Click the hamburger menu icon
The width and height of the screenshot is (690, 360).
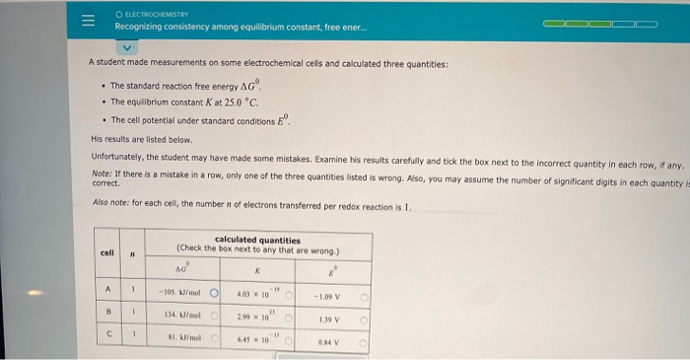pyautogui.click(x=88, y=21)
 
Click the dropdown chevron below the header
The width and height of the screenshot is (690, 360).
pyautogui.click(x=125, y=45)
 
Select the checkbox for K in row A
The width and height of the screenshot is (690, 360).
pyautogui.click(x=291, y=295)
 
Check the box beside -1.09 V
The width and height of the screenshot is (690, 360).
pyautogui.click(x=364, y=295)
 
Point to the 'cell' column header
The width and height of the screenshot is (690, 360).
pyautogui.click(x=107, y=253)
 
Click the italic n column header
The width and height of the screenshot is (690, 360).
pyautogui.click(x=132, y=253)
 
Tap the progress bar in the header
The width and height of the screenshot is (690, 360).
pyautogui.click(x=602, y=21)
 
